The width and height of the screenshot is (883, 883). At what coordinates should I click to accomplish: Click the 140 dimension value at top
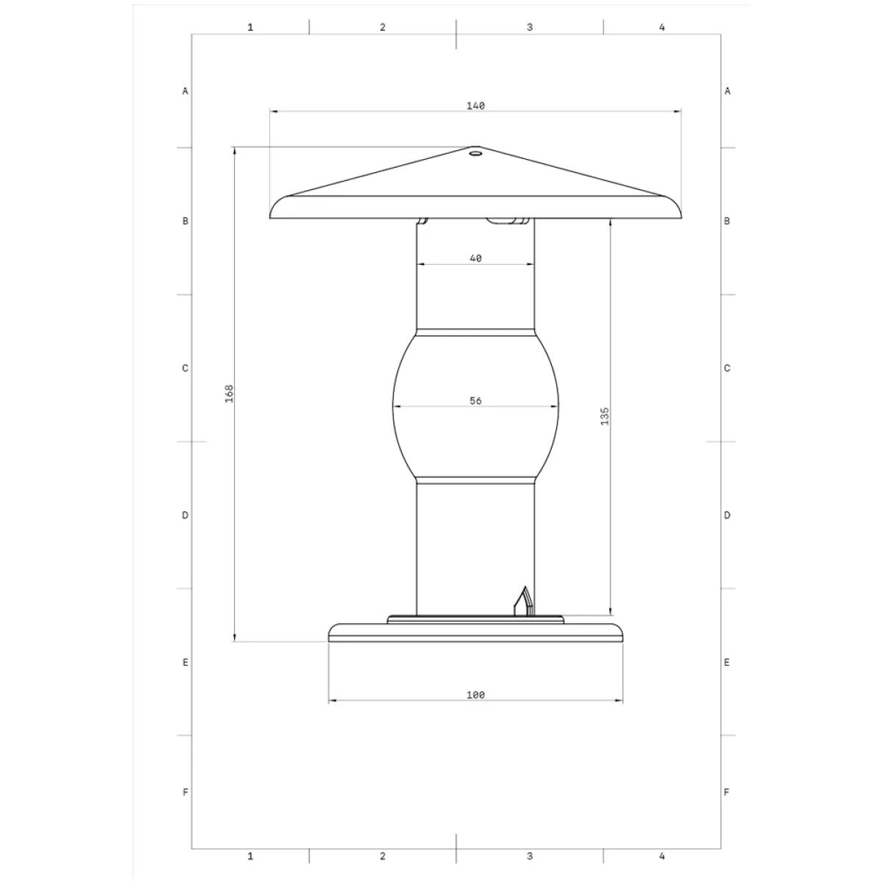(475, 106)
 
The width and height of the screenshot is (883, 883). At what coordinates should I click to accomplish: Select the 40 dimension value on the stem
(475, 258)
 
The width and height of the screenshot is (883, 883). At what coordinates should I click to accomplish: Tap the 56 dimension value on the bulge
(475, 401)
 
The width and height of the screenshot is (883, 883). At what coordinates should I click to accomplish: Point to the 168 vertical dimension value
(229, 393)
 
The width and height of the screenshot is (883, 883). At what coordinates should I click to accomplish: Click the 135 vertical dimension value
(605, 416)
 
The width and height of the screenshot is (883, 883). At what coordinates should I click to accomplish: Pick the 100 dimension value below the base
(475, 695)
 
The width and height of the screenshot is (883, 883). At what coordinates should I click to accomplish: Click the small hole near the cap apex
(475, 154)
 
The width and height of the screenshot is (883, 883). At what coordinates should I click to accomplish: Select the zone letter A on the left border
(185, 91)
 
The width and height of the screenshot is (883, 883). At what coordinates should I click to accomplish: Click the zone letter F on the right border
(727, 792)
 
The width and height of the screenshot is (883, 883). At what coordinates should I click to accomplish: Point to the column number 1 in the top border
(250, 27)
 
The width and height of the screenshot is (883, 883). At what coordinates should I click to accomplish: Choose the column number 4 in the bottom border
(662, 856)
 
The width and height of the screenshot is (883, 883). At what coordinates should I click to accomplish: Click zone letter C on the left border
(185, 368)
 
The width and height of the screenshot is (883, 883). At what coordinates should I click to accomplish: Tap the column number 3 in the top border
(530, 27)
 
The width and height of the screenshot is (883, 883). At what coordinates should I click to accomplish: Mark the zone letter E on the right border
(727, 662)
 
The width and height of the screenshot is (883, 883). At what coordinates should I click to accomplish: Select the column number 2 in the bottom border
(383, 856)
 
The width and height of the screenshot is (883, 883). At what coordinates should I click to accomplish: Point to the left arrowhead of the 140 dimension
(273, 111)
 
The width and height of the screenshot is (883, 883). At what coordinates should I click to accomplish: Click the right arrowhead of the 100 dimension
(620, 701)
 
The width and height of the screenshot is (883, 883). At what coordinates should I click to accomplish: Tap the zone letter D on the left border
(185, 515)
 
